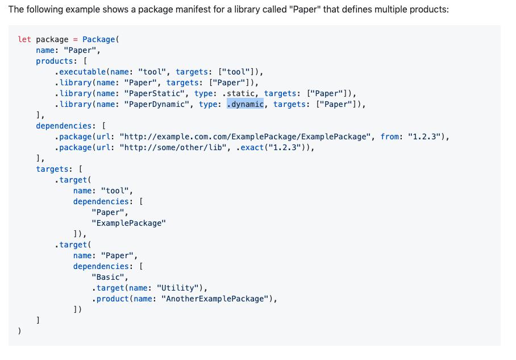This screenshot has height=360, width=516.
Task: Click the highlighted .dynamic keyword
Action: [245, 104]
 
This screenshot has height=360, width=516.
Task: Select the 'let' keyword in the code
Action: [24, 39]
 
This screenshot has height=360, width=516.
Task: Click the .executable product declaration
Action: [80, 72]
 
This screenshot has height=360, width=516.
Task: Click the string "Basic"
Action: [109, 277]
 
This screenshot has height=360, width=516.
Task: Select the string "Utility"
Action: [176, 288]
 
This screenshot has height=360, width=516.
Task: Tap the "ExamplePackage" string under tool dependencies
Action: [129, 223]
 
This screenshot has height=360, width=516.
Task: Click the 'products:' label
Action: [55, 61]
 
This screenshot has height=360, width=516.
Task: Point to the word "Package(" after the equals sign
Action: [101, 39]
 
